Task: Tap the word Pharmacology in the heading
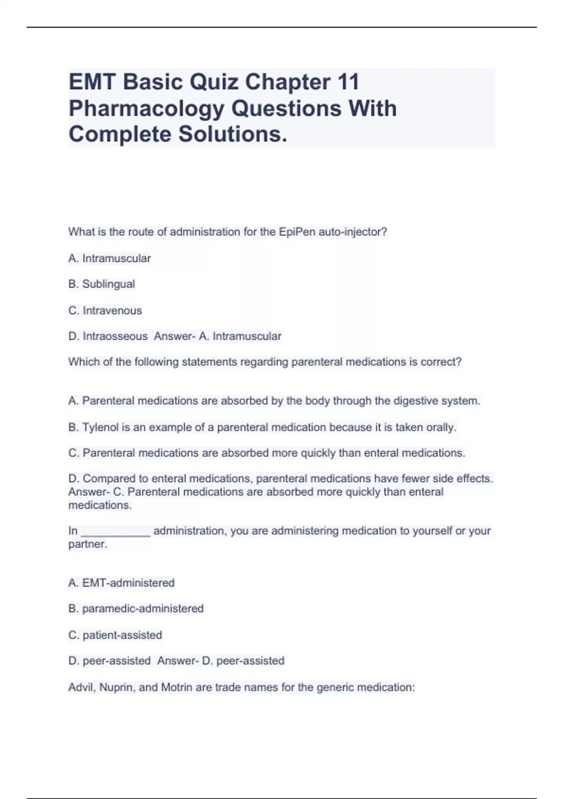[x=146, y=109]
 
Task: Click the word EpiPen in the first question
[x=297, y=232]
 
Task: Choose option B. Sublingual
[x=102, y=284]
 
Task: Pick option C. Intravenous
[x=105, y=310]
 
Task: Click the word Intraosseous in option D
[x=115, y=336]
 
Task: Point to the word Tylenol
[x=100, y=427]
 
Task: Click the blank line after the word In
[x=116, y=532]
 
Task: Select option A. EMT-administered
[x=121, y=583]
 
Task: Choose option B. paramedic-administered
[x=136, y=609]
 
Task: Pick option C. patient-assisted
[x=115, y=635]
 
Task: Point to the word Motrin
[x=176, y=687]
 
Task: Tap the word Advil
[x=81, y=687]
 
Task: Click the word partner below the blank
[x=86, y=544]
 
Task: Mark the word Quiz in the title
[x=213, y=82]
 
